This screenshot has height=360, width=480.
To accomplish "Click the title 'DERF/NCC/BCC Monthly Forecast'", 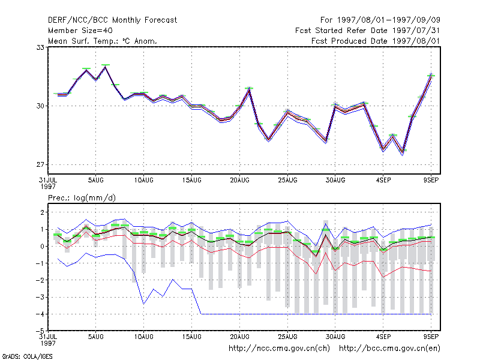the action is point(112,20).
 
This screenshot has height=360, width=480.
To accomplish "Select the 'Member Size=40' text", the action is point(80,31).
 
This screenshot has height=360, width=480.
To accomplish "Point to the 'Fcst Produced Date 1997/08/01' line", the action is point(376,41).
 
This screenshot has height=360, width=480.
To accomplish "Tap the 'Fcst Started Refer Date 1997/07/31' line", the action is point(367,31).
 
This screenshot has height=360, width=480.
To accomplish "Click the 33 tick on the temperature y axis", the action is point(40,47).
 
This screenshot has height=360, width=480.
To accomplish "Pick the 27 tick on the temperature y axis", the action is point(40,164).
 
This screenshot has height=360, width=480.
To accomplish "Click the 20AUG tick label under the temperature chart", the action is point(239,181).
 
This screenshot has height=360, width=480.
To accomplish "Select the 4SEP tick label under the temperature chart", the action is point(383,181).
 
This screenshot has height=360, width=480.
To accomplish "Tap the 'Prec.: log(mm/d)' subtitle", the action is point(82,198).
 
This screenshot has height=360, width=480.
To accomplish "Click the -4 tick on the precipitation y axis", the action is point(40,314).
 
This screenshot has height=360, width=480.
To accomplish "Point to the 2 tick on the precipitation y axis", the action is point(42,212).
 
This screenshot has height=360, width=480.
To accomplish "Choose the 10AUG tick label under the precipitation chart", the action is point(143,337).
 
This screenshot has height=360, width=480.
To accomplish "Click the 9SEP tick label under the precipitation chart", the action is point(431,337).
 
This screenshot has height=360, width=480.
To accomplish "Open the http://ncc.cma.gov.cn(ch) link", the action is point(280,349).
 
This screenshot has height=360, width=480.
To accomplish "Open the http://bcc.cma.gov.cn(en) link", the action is point(389,349).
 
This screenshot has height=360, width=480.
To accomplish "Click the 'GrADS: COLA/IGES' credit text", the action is point(27,356).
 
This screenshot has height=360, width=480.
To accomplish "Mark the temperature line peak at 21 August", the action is point(250,89).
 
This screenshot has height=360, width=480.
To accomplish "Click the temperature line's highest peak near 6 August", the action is point(106,67).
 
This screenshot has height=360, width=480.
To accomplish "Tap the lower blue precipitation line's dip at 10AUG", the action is point(143,304).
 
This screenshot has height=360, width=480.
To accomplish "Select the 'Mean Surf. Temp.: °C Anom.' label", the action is point(103,41).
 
